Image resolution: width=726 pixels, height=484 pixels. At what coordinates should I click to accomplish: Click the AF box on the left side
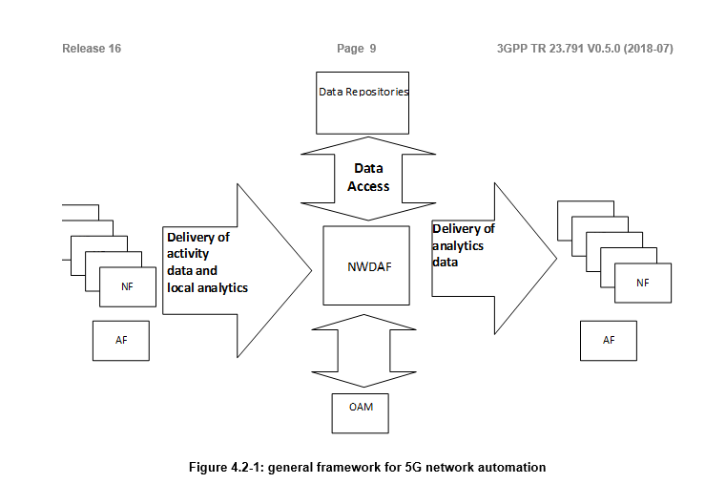[x=121, y=341]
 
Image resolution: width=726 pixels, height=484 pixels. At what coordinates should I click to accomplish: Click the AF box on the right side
[x=609, y=341]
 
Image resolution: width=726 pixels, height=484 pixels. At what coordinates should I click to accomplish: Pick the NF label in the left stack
[x=127, y=285]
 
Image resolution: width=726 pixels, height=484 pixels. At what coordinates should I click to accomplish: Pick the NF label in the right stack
[x=643, y=283]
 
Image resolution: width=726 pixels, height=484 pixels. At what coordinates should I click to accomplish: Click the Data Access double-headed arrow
[x=368, y=178]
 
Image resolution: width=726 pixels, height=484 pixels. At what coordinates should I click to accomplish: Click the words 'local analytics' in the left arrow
[x=207, y=287]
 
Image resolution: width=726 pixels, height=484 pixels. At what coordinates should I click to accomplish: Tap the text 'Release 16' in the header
[x=92, y=49]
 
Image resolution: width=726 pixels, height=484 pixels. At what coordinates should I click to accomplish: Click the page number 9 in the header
[x=372, y=49]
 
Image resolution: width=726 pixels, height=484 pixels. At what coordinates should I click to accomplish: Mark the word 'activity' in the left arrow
[x=189, y=254]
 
